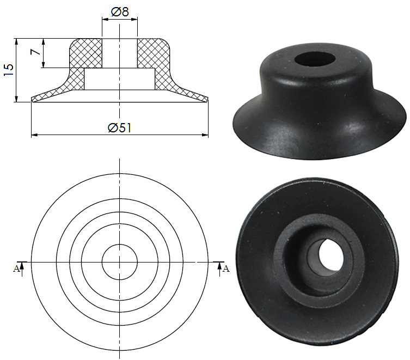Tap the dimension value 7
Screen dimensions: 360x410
click(x=35, y=53)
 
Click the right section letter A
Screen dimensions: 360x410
click(x=226, y=269)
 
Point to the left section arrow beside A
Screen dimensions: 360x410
click(x=22, y=267)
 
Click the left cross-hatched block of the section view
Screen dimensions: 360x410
click(x=86, y=53)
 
